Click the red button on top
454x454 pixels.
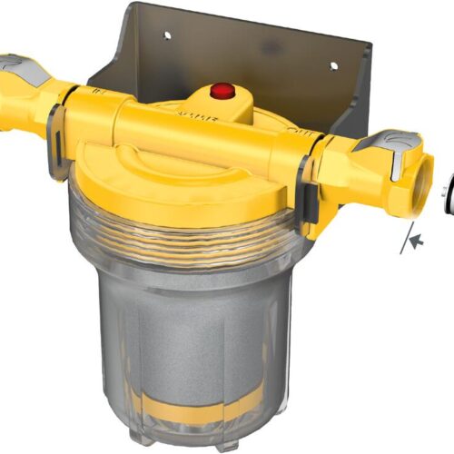point(221,91)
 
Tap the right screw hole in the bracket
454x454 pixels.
point(332,65)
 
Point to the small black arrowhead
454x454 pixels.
point(417,240)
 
